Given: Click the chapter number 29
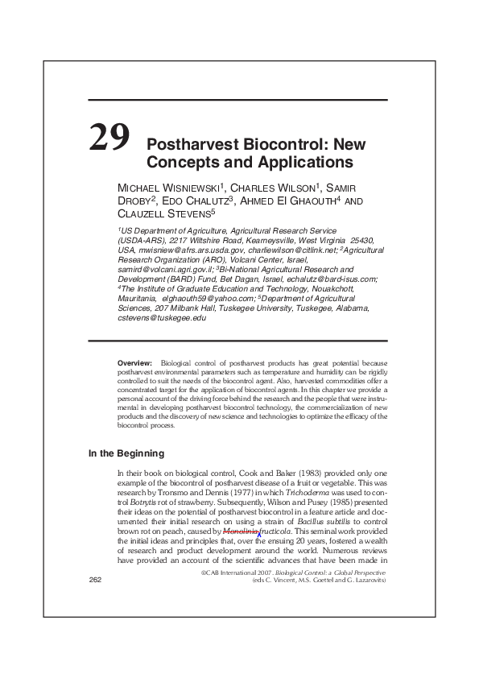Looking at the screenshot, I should pos(109,138).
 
